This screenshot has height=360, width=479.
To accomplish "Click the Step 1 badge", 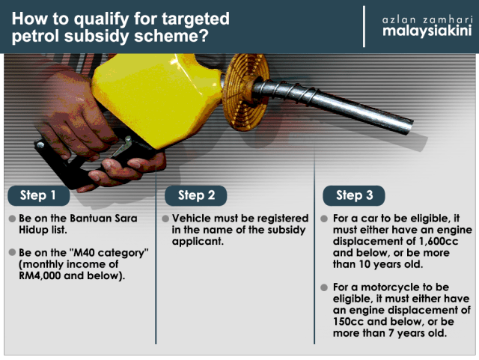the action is (39, 195).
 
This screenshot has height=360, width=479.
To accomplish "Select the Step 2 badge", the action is (196, 195).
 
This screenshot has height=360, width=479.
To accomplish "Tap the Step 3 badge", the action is (354, 195).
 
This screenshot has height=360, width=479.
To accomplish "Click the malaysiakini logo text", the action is (427, 31).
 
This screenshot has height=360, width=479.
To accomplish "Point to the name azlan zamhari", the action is (427, 20).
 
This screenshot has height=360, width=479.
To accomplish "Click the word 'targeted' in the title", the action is (195, 19).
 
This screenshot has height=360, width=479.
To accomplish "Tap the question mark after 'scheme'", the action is (204, 36).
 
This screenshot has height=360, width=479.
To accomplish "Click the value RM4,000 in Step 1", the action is (40, 275).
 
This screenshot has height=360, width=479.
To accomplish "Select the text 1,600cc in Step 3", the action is (439, 241).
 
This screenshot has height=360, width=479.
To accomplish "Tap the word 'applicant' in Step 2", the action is (198, 242).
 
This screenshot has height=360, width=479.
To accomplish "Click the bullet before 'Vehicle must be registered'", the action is (165, 219).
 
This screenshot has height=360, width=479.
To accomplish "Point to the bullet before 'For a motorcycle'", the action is (324, 287).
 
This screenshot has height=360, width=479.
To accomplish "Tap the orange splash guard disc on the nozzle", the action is (245, 91).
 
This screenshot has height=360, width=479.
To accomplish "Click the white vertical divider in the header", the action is (364, 27).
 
